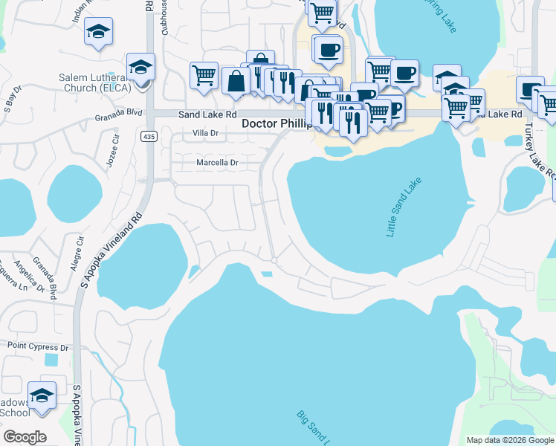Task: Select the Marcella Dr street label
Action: coord(216,162)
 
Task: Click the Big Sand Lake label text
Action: coord(312,427)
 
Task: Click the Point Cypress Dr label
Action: coord(37,346)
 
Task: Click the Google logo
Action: coord(25,436)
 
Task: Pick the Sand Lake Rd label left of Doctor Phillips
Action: coord(209,115)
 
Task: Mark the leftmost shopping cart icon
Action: coord(203,75)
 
